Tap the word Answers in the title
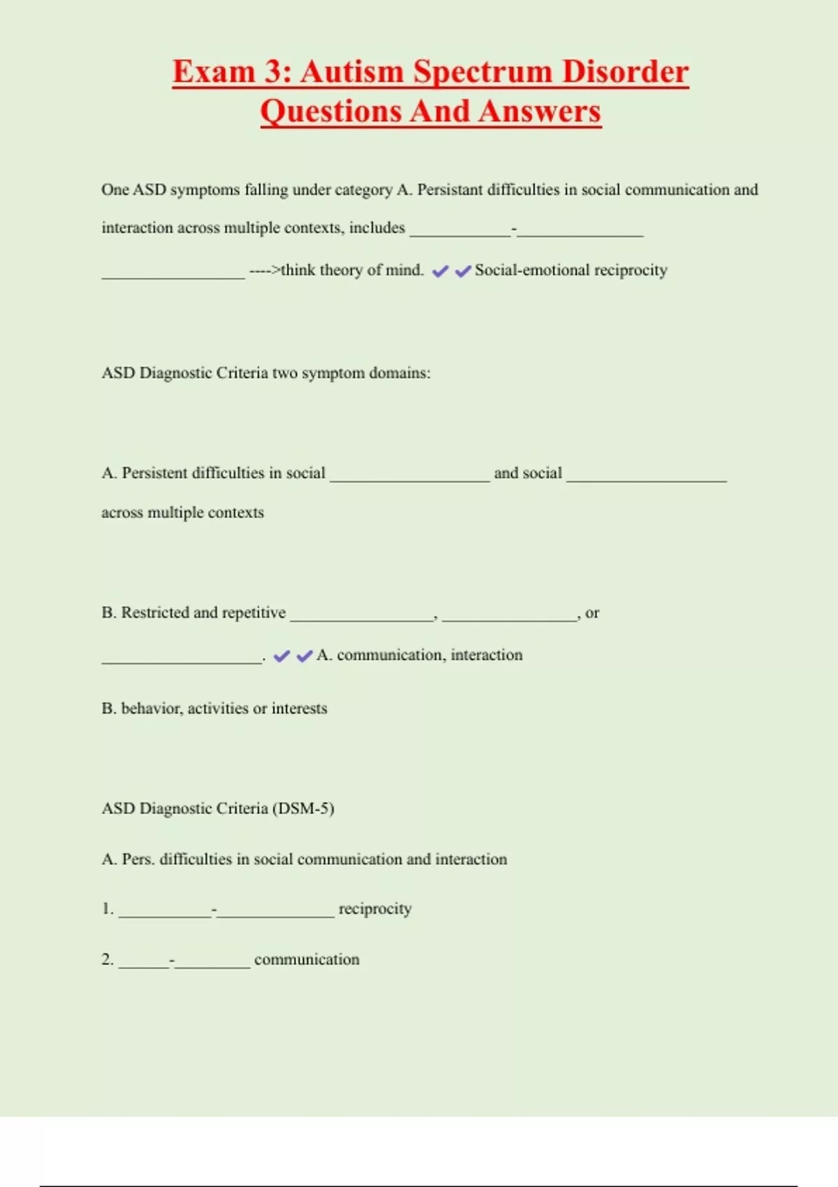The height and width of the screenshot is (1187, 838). (x=541, y=112)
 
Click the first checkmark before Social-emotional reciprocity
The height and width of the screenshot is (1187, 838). (x=440, y=271)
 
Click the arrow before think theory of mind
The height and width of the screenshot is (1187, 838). (x=265, y=270)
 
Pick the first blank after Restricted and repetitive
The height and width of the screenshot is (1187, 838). (x=362, y=618)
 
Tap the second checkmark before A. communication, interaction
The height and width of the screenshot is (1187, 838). (x=304, y=656)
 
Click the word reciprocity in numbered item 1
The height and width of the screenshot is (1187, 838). (x=375, y=909)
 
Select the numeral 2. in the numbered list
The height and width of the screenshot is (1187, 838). (x=108, y=959)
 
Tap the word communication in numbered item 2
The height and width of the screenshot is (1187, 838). (x=307, y=959)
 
